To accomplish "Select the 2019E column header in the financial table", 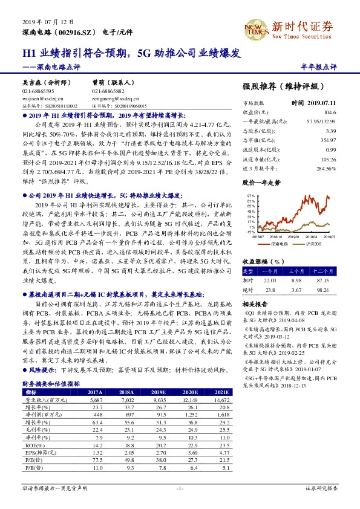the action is click(157, 392).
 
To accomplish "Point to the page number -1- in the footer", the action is click(179, 487).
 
